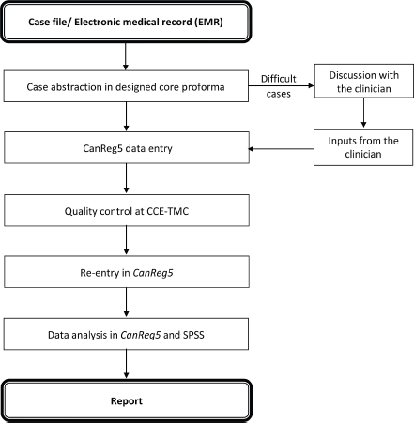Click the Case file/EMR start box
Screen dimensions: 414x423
126,22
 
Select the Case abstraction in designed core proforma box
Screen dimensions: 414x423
126,86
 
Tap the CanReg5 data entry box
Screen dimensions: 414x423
127,147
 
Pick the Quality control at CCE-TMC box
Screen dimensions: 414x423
127,210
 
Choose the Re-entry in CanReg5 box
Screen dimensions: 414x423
127,272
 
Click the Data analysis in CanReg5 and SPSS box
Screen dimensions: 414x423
126,334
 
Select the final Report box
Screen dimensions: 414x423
126,400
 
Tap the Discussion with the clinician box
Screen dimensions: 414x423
364,81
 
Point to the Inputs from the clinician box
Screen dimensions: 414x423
363,147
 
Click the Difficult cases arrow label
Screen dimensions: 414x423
279,86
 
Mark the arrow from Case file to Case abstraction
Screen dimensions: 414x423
126,56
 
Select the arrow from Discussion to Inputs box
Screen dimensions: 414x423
363,113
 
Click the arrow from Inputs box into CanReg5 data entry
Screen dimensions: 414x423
281,149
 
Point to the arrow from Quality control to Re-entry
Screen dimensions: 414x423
127,240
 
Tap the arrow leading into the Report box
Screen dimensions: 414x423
127,364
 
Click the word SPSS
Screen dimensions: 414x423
193,335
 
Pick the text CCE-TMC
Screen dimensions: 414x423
168,211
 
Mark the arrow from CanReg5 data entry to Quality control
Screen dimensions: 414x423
127,178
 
